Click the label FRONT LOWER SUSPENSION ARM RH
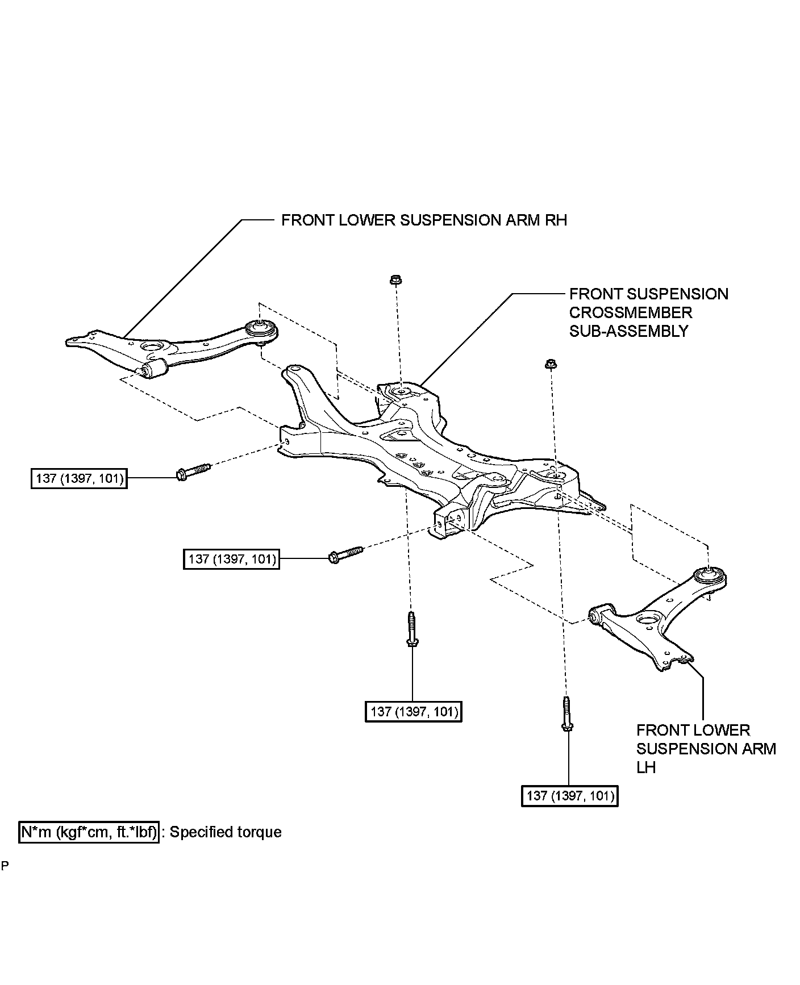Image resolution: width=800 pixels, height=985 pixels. pos(424,220)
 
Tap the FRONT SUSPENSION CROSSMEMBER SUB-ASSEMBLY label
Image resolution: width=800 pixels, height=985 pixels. pos(648,312)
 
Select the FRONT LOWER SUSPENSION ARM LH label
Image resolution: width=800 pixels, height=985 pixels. pos(706,749)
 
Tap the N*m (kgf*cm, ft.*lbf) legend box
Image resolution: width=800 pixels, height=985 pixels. pos(89,832)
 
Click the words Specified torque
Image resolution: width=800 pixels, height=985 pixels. pos(226,832)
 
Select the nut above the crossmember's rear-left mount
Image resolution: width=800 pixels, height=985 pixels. pos(395,280)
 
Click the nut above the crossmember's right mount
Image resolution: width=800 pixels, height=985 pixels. pos(549,364)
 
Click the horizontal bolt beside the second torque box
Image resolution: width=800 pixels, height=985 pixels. pos(345,554)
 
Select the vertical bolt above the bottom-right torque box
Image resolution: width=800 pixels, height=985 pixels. pos(566,713)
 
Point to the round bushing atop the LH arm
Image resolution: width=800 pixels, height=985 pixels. pos(711,576)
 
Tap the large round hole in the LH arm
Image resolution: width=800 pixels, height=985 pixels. pos(647,620)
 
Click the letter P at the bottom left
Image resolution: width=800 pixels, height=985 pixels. pos(5,866)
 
